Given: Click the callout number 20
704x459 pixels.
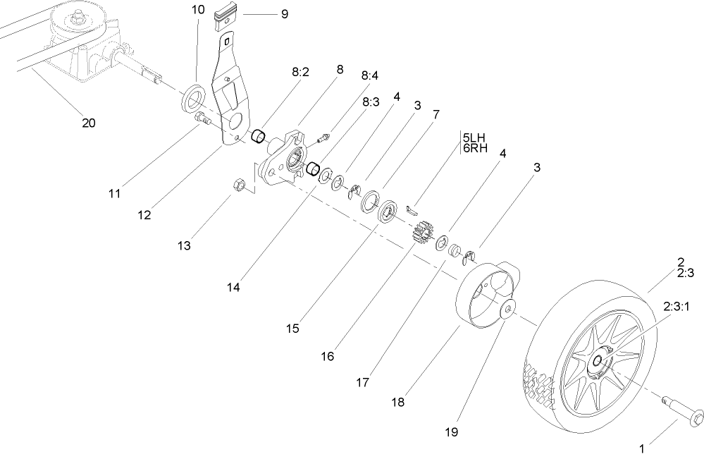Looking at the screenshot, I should point(88,123).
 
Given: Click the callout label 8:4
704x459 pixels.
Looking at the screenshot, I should point(370,75).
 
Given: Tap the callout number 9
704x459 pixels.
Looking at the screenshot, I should point(284,13).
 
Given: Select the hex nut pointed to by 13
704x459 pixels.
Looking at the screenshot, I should point(238,185).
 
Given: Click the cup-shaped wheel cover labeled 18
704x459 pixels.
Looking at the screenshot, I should point(486,295).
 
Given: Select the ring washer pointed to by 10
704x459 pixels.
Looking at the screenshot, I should point(192,98).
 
